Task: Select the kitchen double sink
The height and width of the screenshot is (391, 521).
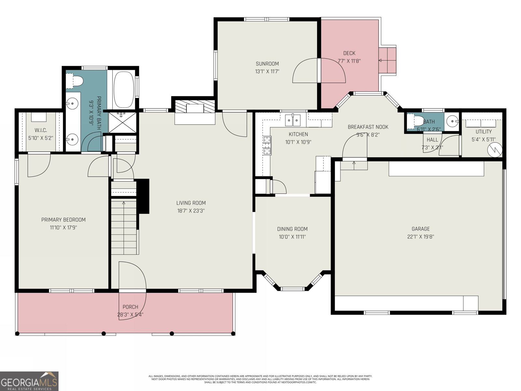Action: tap(293, 120)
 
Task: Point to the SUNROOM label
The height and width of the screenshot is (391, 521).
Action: tap(267, 64)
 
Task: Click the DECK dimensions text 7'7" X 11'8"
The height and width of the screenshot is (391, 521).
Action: tap(349, 61)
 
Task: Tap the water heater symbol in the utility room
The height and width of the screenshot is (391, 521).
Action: tap(495, 150)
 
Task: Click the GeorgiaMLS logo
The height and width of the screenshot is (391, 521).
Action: tap(29, 381)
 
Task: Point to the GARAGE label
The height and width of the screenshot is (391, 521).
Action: tap(420, 229)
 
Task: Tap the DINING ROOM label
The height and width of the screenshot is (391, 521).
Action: tap(292, 229)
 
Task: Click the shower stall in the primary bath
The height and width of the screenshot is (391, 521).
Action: tap(121, 122)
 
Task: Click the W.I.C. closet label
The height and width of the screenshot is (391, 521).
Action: tap(41, 130)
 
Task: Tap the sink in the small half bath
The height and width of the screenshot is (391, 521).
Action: tap(451, 122)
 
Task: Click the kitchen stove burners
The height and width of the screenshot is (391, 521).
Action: tap(267, 145)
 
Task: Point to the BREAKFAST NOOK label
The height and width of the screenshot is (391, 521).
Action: tap(368, 127)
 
